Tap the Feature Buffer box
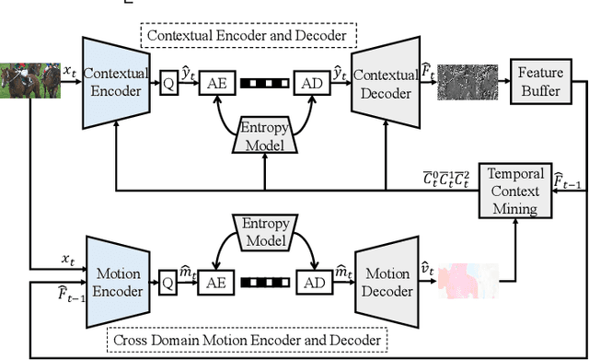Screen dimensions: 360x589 click(x=540, y=81)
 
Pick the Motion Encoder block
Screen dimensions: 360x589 click(x=119, y=281)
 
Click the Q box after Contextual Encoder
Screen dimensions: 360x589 click(x=169, y=82)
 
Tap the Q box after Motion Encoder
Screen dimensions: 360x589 click(x=168, y=283)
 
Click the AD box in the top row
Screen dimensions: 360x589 click(x=309, y=82)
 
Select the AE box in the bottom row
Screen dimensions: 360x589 click(x=214, y=283)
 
